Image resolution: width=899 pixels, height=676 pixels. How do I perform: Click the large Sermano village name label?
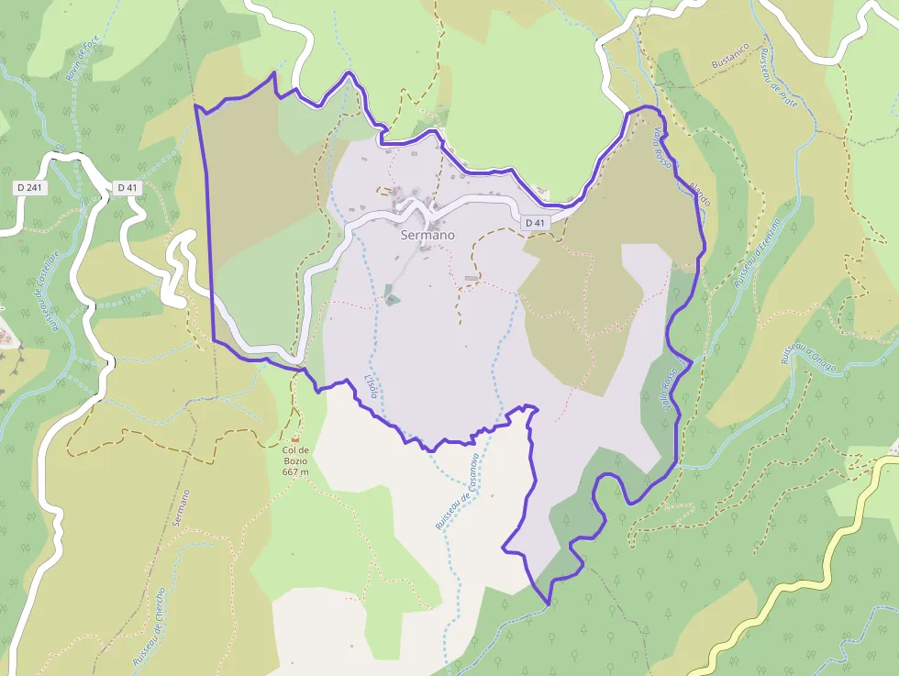(427, 235)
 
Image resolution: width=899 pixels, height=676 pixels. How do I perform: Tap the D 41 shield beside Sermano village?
(535, 223)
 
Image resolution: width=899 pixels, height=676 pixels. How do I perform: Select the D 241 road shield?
(29, 188)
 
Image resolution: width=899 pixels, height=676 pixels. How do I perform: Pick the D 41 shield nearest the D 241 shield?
(128, 188)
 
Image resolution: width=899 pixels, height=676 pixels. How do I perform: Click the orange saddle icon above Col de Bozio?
(295, 438)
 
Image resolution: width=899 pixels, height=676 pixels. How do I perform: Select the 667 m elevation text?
(295, 471)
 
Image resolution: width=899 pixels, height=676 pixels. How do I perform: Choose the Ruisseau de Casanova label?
(456, 491)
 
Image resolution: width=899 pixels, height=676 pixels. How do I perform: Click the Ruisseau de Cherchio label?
(148, 626)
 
